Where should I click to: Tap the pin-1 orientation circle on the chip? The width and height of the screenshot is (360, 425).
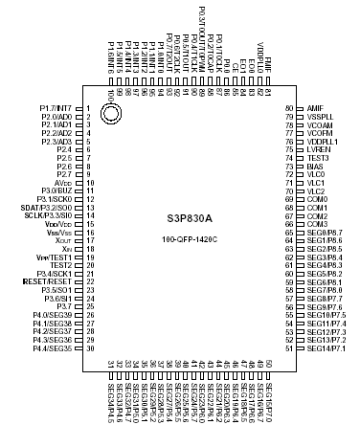point(111,115)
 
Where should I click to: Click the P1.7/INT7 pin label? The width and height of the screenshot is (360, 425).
point(56,108)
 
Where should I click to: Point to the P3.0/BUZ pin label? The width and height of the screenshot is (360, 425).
point(56,191)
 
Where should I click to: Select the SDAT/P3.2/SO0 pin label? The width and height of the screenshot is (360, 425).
point(50,208)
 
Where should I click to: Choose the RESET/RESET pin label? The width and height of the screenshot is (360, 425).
point(51,282)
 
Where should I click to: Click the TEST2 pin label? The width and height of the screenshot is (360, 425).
point(61,265)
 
